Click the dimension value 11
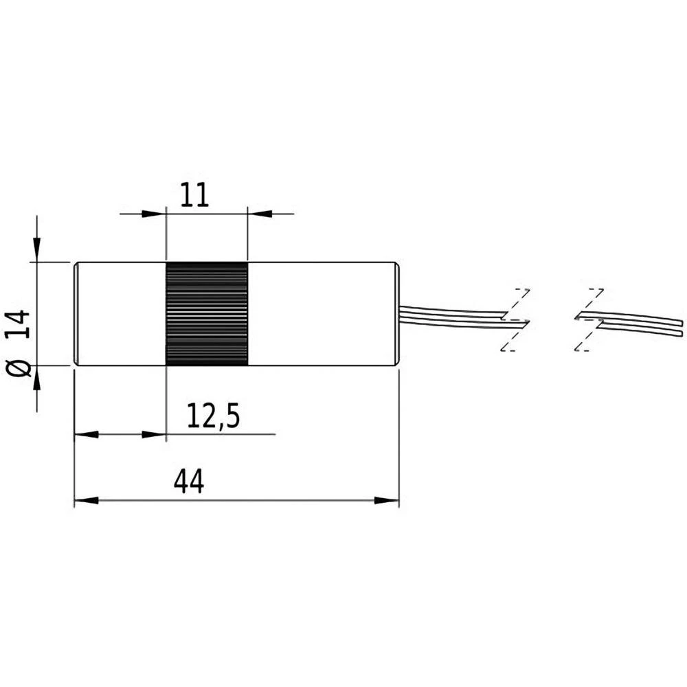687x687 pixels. (x=195, y=196)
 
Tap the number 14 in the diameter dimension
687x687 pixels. (x=21, y=323)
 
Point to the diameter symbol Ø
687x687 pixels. (x=21, y=367)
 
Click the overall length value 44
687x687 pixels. (x=188, y=482)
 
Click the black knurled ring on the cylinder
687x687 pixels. (x=207, y=314)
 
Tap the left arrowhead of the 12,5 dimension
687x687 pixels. (x=85, y=434)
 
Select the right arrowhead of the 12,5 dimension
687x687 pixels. (x=155, y=434)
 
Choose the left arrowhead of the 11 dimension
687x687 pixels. (x=155, y=214)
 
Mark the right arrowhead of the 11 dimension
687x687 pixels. (x=259, y=214)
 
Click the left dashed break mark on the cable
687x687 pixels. (x=515, y=320)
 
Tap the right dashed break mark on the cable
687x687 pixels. (x=589, y=320)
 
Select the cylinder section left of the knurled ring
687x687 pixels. (x=120, y=314)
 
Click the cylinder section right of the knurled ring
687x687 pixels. (x=323, y=314)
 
